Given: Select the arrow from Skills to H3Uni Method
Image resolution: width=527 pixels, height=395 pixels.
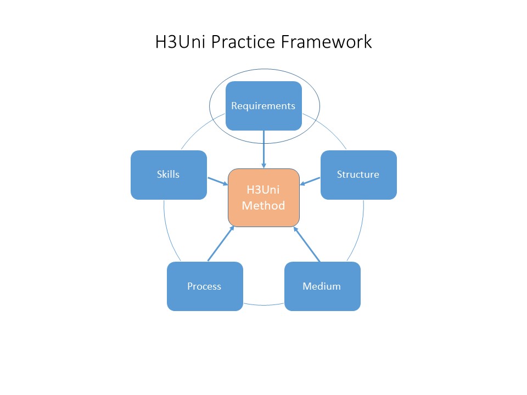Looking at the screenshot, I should pyautogui.click(x=217, y=180).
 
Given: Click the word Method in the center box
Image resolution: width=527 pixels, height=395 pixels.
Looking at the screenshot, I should pyautogui.click(x=263, y=206).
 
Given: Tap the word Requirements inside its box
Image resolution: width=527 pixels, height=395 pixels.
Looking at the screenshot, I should pyautogui.click(x=263, y=106).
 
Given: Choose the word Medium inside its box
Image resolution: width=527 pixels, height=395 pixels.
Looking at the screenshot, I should pyautogui.click(x=322, y=286).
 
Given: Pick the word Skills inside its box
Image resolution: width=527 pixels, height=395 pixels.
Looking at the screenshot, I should pyautogui.click(x=169, y=174).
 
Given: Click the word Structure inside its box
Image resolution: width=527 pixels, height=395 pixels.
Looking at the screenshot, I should pyautogui.click(x=358, y=174).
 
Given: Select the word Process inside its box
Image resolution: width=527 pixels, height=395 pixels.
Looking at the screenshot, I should pyautogui.click(x=204, y=286).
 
